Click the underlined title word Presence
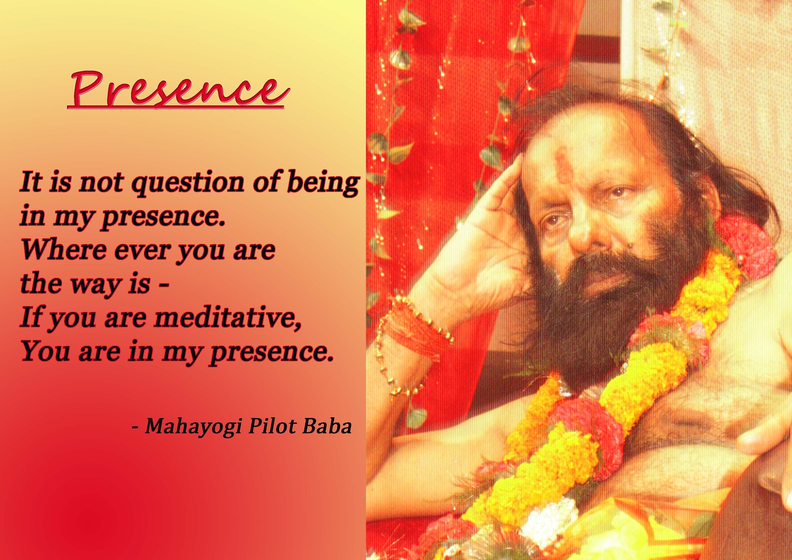click(x=178, y=90)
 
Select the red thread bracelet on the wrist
click(x=414, y=329)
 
